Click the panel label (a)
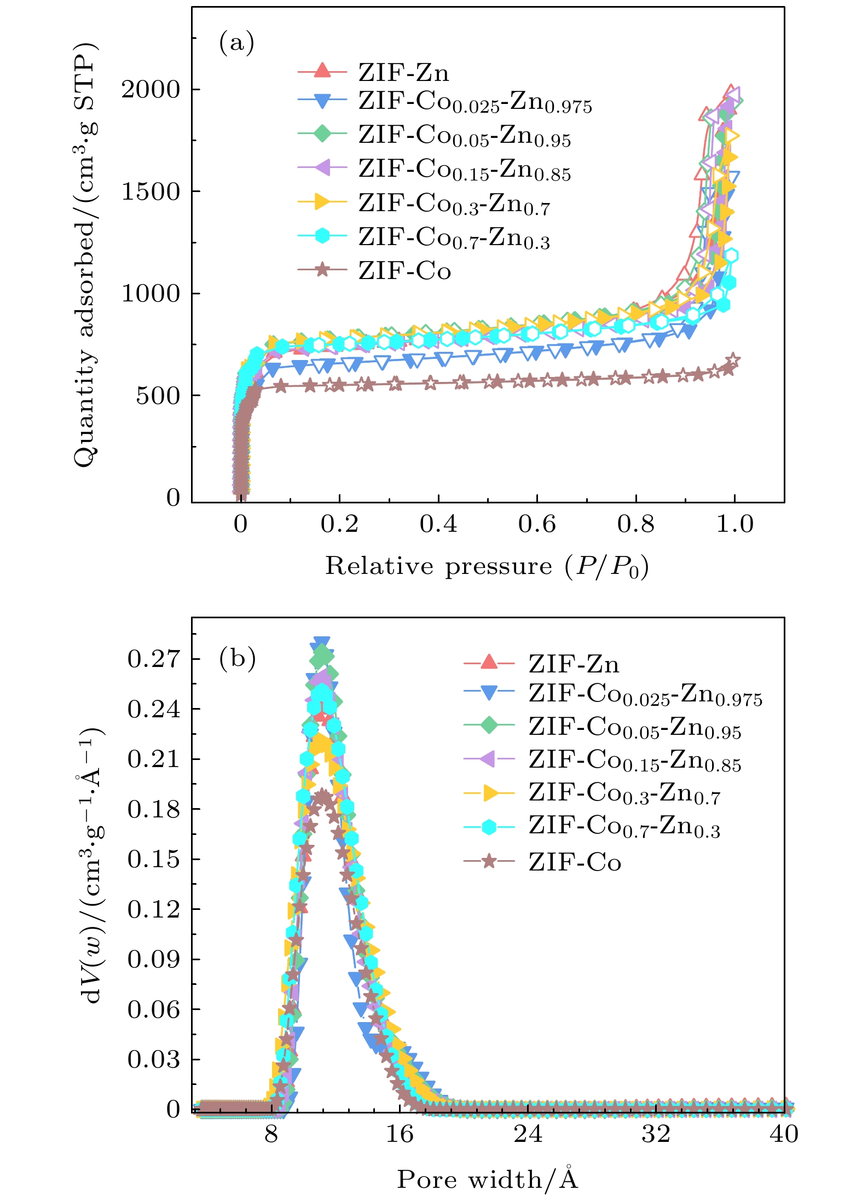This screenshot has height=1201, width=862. [236, 43]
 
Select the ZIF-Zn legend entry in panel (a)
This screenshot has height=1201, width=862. [403, 72]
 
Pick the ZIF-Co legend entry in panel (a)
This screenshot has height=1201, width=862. [404, 271]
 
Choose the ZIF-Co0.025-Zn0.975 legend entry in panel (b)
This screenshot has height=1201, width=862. [645, 695]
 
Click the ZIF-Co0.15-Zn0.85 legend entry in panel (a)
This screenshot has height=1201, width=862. [464, 170]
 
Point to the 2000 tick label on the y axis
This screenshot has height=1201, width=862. [151, 89]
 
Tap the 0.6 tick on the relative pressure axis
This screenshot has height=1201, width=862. [537, 524]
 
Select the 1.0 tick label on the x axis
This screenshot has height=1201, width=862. [734, 524]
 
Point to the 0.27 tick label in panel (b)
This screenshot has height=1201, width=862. [153, 659]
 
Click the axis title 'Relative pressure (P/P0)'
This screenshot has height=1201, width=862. [487, 566]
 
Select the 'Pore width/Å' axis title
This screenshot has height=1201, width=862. [487, 1180]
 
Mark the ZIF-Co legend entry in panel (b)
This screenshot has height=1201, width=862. [575, 863]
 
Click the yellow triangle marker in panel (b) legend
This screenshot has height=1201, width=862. [490, 793]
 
